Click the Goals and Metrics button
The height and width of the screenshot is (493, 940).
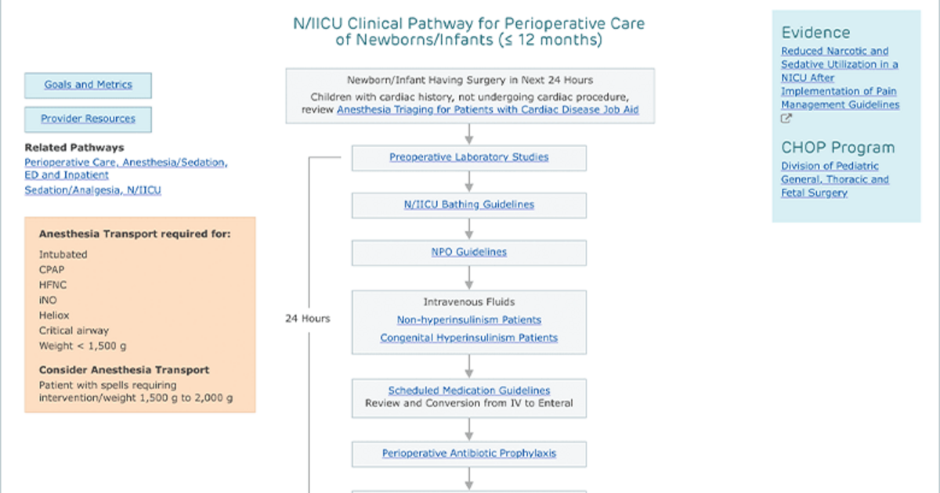click(x=88, y=85)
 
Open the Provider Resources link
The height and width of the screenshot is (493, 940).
click(x=88, y=119)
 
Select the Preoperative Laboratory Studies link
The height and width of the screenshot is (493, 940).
click(x=468, y=157)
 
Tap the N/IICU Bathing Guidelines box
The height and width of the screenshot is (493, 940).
click(x=469, y=205)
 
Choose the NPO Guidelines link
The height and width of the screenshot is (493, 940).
click(x=468, y=252)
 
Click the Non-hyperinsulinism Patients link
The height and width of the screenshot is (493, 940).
click(x=468, y=320)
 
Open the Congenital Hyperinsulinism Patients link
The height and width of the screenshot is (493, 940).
click(x=468, y=338)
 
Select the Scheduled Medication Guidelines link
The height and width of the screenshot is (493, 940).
click(x=468, y=390)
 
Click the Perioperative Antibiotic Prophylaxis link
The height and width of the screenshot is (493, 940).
click(x=468, y=454)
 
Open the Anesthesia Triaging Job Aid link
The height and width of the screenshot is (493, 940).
click(x=487, y=110)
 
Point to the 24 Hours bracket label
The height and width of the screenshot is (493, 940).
click(x=308, y=318)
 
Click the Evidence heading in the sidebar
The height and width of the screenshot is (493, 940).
click(x=815, y=33)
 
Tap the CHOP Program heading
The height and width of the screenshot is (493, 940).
click(x=837, y=148)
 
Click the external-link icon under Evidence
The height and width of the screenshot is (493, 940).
click(x=786, y=119)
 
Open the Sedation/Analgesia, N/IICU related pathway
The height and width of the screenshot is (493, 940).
click(x=92, y=190)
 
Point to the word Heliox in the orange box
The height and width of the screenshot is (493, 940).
click(x=54, y=315)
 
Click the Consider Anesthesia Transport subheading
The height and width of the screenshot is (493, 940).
click(x=124, y=369)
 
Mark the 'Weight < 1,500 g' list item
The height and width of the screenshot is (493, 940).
click(x=83, y=346)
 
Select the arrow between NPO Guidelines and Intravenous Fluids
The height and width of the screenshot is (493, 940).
click(x=469, y=278)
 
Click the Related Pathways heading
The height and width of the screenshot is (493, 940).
click(x=74, y=148)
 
